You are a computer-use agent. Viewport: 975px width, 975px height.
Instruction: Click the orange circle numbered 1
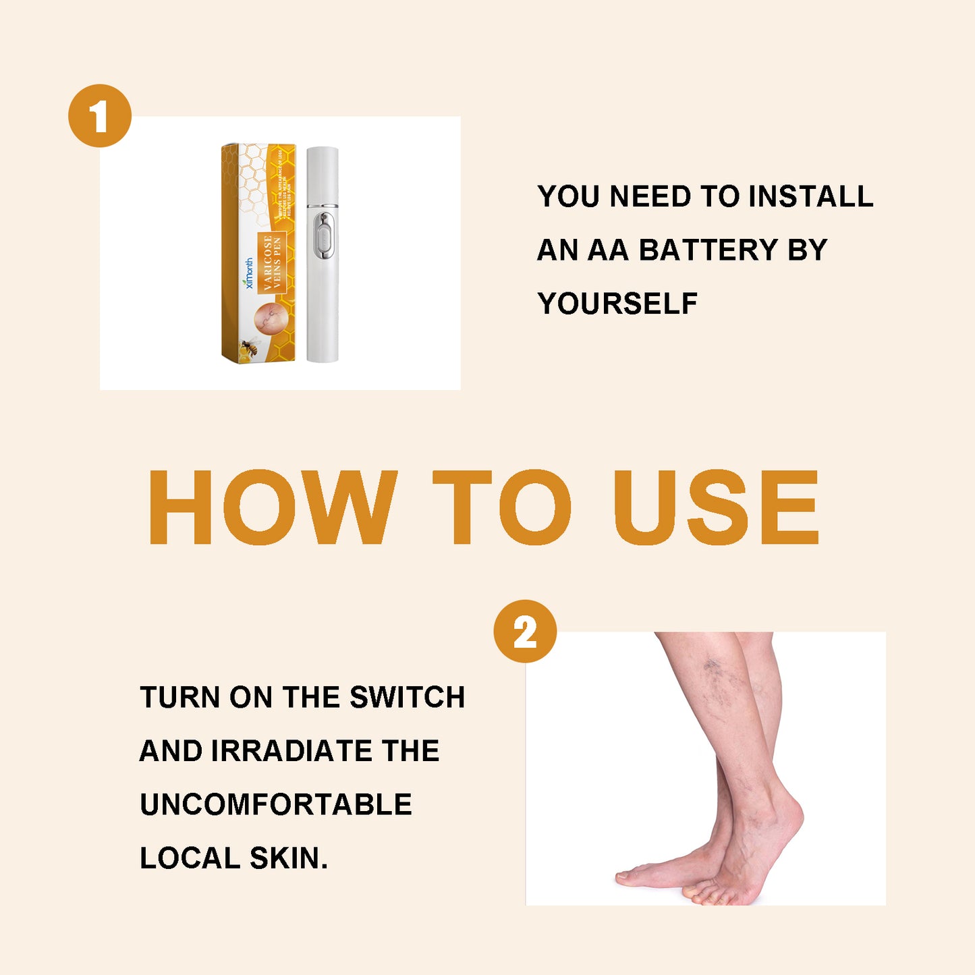[x=100, y=115]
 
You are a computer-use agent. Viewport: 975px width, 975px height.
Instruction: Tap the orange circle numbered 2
[x=525, y=631]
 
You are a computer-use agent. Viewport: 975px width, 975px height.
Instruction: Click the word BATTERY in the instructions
[x=708, y=250]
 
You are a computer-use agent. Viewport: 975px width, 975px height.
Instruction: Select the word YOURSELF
[x=617, y=304]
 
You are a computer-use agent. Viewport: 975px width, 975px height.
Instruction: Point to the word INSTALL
[x=811, y=197]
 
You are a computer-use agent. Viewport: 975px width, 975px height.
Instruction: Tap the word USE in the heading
[x=717, y=507]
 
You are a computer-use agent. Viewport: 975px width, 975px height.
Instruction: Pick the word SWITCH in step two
[x=408, y=698]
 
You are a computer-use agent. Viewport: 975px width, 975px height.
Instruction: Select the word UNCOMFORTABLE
[x=276, y=805]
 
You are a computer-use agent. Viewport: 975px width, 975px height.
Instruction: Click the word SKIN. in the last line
[x=289, y=858]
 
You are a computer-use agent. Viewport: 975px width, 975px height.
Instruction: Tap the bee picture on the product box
[x=250, y=347]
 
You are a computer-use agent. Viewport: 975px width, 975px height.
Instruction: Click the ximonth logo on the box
[x=249, y=273]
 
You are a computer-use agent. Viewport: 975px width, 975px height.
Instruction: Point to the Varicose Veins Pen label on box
[x=272, y=262]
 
